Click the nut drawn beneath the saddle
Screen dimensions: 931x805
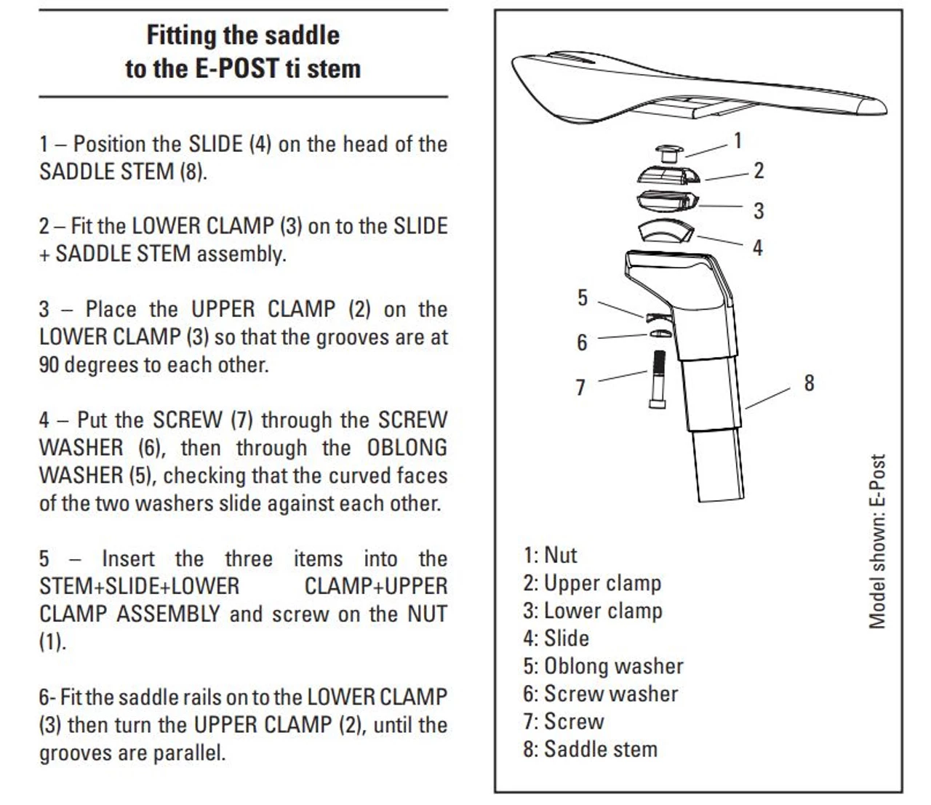670,154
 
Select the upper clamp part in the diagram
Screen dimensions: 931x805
668,175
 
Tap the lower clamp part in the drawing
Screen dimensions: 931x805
668,201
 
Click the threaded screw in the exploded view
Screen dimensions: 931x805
658,379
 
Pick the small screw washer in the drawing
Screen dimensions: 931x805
660,333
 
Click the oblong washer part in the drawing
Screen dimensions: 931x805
660,317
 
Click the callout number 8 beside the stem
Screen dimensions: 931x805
810,383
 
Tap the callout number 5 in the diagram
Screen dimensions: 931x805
583,298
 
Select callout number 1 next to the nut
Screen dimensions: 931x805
738,140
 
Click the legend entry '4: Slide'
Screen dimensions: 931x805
556,638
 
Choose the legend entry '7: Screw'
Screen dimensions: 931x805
564,721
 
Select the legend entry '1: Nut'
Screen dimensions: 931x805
550,555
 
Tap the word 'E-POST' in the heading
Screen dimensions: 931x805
236,69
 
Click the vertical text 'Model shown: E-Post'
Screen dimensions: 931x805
877,541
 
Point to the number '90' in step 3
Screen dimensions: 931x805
49,364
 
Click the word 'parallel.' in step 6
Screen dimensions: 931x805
189,753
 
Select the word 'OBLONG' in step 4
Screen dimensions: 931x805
407,448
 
